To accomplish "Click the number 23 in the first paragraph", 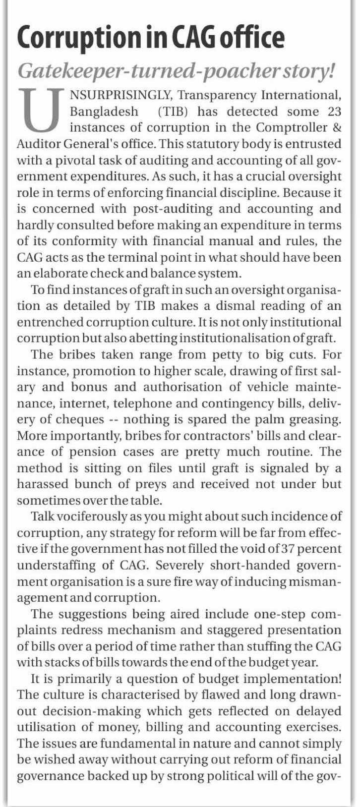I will coord(331,111).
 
